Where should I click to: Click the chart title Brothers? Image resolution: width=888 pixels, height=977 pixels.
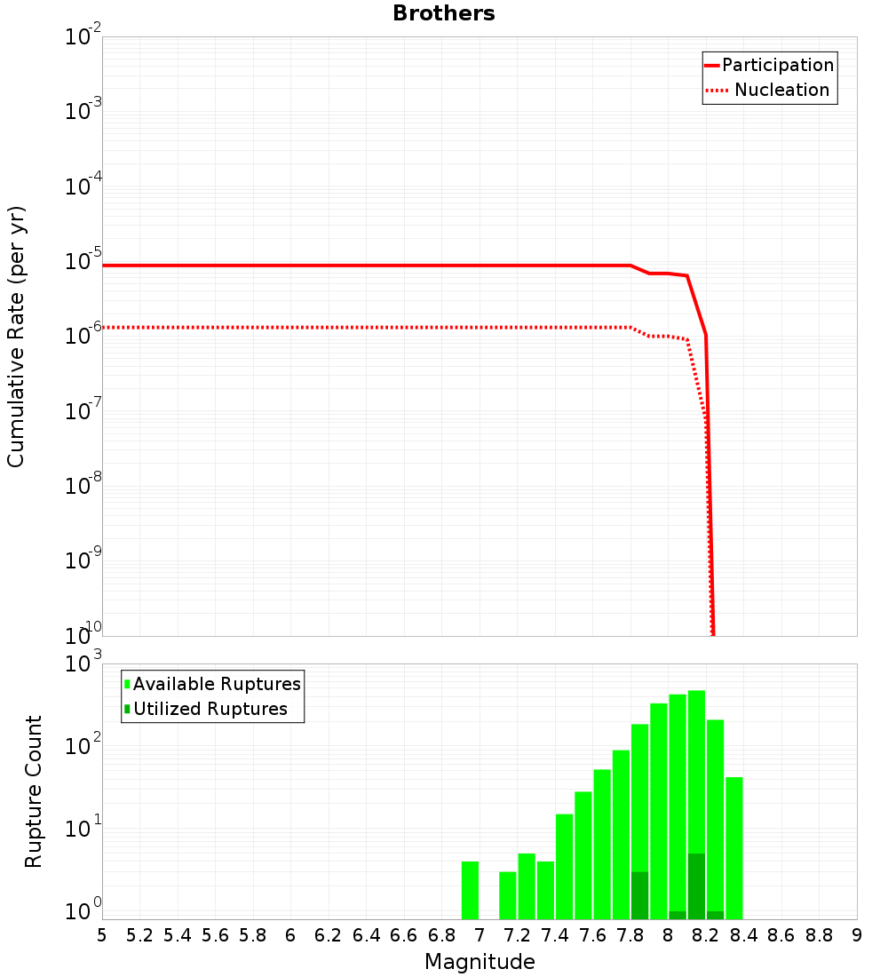(x=443, y=13)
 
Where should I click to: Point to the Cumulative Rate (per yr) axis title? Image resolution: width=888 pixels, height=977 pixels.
(x=16, y=337)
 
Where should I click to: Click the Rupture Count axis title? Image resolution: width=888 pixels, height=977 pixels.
(x=34, y=791)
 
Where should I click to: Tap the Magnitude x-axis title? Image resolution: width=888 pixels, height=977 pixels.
(x=480, y=962)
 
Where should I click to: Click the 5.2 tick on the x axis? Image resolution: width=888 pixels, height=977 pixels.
(x=139, y=935)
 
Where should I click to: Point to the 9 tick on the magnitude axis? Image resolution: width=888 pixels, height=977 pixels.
(x=857, y=935)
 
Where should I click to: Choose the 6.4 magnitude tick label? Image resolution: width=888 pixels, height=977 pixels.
(x=366, y=935)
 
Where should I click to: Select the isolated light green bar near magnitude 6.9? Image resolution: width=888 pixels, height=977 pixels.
(x=470, y=890)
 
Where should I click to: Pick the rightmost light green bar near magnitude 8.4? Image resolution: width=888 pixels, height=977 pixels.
(x=733, y=848)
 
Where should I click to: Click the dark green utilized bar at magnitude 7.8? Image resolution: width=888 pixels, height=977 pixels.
(x=639, y=895)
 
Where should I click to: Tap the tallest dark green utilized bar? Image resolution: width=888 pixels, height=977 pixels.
(x=696, y=886)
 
